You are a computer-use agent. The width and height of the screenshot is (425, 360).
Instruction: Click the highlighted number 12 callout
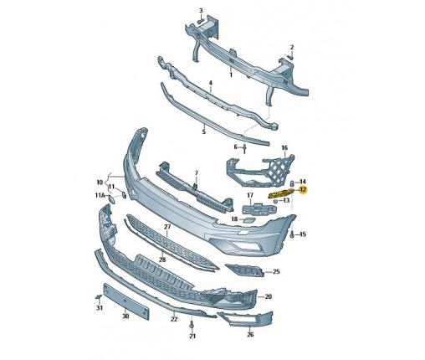303,190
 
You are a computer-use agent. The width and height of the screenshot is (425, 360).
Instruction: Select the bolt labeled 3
200,21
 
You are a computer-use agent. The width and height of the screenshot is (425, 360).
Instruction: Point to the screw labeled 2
290,58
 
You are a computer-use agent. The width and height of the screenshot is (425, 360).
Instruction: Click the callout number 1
231,75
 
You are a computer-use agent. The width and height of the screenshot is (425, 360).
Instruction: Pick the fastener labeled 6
244,149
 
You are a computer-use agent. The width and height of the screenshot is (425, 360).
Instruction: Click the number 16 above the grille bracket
284,147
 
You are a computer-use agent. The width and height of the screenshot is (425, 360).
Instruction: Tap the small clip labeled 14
292,183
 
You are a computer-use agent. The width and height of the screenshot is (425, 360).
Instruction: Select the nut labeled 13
275,201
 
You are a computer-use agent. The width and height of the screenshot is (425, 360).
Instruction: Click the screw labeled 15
292,234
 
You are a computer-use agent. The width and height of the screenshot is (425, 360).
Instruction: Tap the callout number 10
100,183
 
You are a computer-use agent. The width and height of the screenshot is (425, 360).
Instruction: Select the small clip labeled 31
98,297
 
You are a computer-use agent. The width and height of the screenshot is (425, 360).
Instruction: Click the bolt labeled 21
192,325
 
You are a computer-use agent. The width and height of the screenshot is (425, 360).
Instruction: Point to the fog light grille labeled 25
244,270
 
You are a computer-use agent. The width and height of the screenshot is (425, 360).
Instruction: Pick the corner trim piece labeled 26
245,319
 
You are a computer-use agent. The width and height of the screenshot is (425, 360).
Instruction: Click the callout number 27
167,227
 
